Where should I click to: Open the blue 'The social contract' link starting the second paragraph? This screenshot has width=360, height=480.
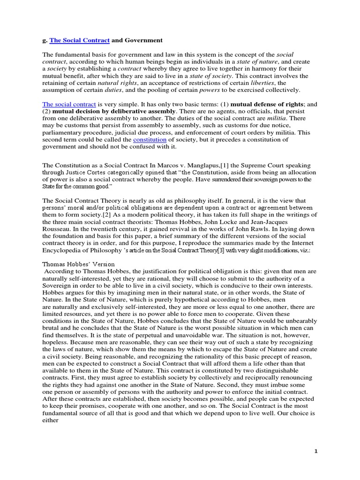point(69,104)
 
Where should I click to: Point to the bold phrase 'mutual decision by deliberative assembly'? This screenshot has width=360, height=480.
point(114,111)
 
